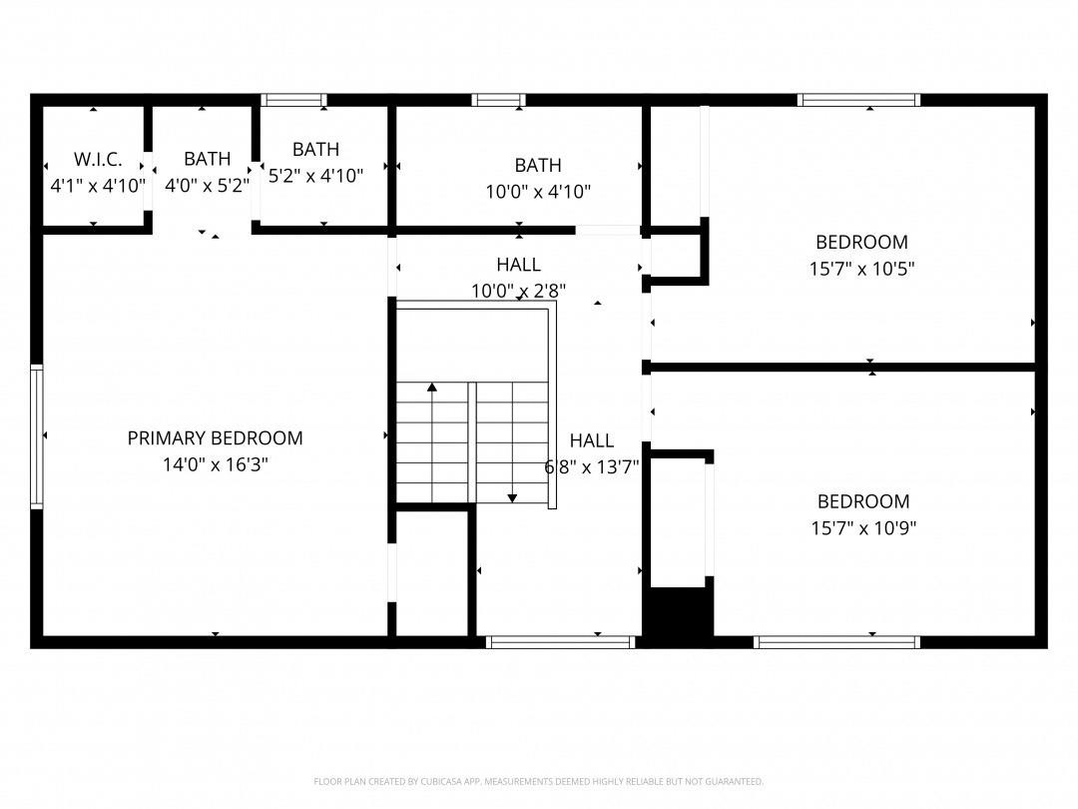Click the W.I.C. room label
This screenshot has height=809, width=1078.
[98, 159]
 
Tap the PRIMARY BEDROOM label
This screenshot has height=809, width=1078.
[215, 437]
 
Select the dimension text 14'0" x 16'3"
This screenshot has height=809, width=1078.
[215, 464]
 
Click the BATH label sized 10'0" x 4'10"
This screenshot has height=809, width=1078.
[538, 165]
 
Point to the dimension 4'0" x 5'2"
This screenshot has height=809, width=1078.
[207, 186]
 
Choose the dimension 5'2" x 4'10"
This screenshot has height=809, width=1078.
[315, 176]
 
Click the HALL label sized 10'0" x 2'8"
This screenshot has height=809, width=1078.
[518, 265]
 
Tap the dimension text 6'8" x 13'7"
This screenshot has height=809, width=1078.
[592, 465]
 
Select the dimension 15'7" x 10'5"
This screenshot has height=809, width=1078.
[861, 269]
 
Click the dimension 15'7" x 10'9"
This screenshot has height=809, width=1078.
[862, 528]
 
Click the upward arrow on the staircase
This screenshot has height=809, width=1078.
[432, 388]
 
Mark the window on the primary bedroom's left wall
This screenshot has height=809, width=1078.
[37, 436]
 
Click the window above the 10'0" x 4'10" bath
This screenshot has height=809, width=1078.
[499, 100]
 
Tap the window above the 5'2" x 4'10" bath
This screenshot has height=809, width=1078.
[293, 100]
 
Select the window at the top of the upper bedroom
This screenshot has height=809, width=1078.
[858, 100]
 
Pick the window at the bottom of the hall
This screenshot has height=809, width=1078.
[560, 642]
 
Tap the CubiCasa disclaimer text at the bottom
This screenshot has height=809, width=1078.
[539, 781]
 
